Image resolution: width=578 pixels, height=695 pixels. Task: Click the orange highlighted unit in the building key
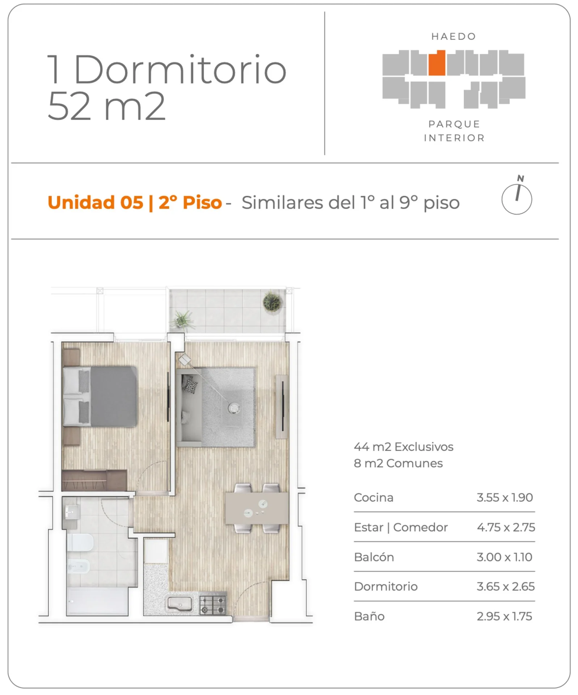[437, 63]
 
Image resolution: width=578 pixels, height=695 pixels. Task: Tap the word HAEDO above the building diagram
[453, 37]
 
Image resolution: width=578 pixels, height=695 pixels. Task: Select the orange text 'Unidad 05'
[96, 202]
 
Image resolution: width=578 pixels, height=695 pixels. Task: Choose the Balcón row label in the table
[374, 557]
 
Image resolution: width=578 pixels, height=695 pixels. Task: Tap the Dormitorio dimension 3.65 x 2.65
[506, 586]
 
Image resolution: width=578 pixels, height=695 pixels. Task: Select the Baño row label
[369, 616]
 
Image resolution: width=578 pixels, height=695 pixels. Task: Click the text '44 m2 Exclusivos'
[404, 447]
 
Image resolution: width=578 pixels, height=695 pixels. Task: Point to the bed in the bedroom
[100, 396]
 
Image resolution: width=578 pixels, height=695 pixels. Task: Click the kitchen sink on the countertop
[180, 604]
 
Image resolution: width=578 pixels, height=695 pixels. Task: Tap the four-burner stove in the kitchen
[213, 605]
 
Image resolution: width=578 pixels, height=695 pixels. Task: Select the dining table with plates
[257, 508]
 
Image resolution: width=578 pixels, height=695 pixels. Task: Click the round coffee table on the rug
[234, 408]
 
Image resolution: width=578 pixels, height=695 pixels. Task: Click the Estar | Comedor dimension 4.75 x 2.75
[506, 527]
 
